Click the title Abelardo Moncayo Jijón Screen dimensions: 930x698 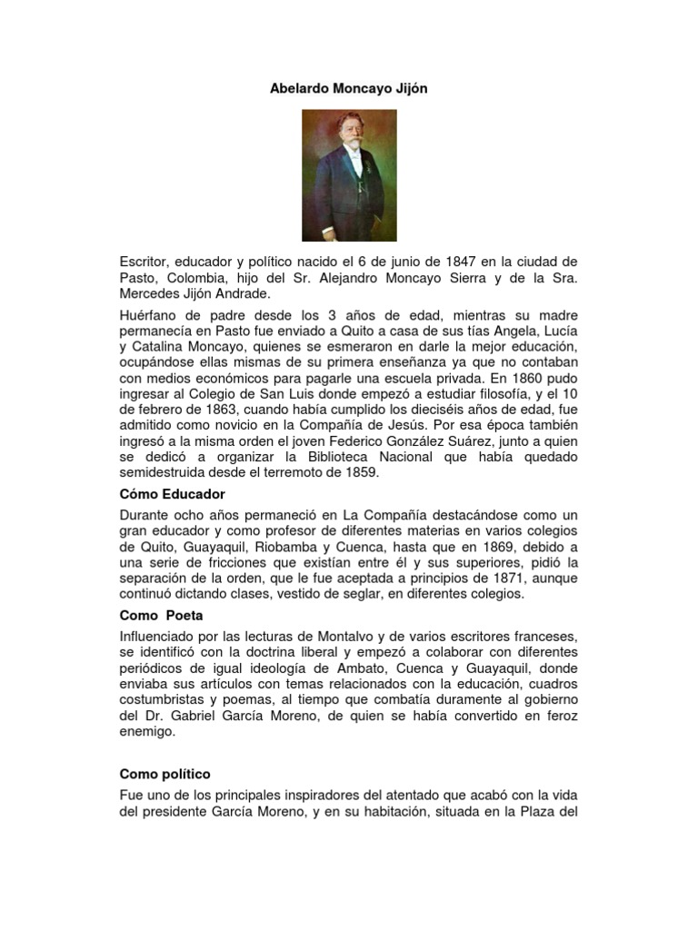click(349, 91)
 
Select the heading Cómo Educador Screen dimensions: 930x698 click(172, 494)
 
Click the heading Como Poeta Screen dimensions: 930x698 click(159, 616)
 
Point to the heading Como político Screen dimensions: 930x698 click(165, 774)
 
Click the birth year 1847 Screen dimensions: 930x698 click(469, 262)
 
